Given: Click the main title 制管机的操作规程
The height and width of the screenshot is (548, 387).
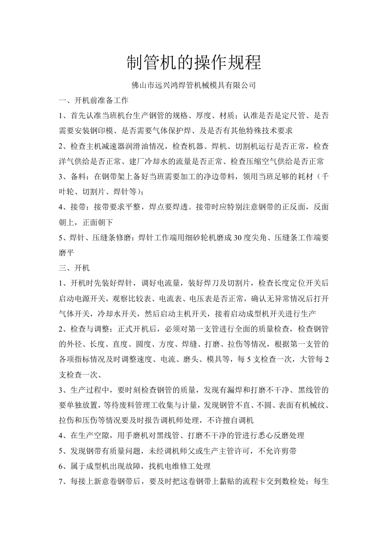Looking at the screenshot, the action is click(194, 63).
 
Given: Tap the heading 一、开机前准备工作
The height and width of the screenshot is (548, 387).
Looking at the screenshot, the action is click(93, 101).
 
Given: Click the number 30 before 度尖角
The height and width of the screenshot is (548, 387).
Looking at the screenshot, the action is click(239, 237).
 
